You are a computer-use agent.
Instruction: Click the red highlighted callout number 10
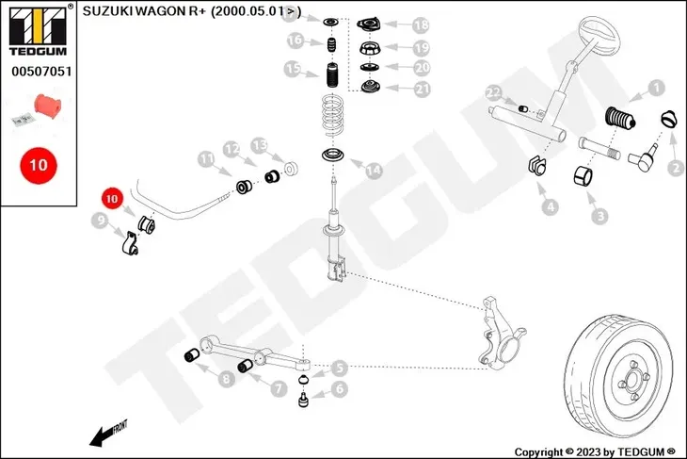click(x=112, y=200)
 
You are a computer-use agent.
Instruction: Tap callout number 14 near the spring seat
click(x=374, y=171)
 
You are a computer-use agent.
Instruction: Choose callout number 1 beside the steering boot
click(x=656, y=89)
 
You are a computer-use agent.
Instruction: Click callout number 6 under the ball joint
click(x=339, y=388)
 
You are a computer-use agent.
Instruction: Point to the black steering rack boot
click(x=618, y=122)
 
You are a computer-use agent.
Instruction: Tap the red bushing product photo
click(x=47, y=103)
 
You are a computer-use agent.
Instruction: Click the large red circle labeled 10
click(x=38, y=163)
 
